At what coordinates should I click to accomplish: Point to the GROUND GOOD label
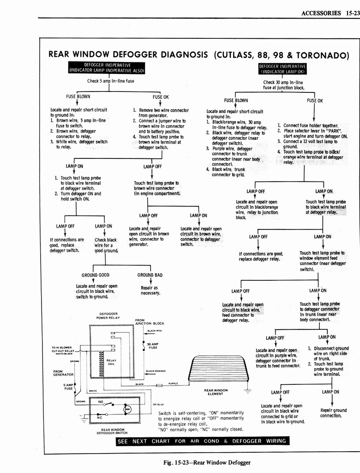[x=96, y=275]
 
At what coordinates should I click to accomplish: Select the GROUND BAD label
[x=150, y=275]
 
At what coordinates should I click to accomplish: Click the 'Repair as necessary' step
[x=150, y=290]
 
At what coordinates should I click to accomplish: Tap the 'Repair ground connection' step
[x=334, y=412]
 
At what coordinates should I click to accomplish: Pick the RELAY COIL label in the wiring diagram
[x=111, y=362]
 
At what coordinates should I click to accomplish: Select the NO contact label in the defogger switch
[x=100, y=401]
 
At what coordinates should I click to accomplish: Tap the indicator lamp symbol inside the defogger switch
[x=127, y=409]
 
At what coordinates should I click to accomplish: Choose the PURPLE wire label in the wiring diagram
[x=174, y=383]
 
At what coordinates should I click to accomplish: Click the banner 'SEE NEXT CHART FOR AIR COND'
[x=203, y=441]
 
